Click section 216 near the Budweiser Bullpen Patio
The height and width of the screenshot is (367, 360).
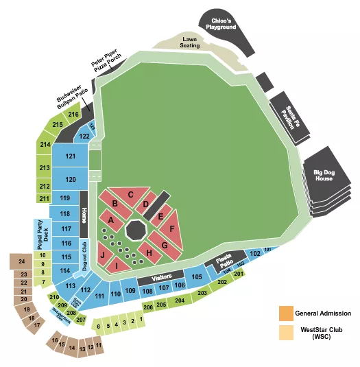click(x=73, y=115)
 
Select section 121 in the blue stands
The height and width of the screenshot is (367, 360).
click(x=71, y=156)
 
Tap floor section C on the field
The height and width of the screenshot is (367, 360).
click(x=130, y=195)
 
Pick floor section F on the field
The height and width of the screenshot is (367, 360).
click(x=173, y=227)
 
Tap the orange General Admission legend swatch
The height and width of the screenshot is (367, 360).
click(x=285, y=313)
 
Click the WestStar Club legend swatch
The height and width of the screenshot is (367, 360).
click(x=285, y=333)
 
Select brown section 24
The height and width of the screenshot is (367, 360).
click(x=22, y=261)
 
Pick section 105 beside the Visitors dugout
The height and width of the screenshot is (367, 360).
click(x=197, y=277)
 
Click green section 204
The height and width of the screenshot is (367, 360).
click(x=179, y=300)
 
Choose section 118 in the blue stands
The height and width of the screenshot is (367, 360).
click(x=66, y=214)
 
